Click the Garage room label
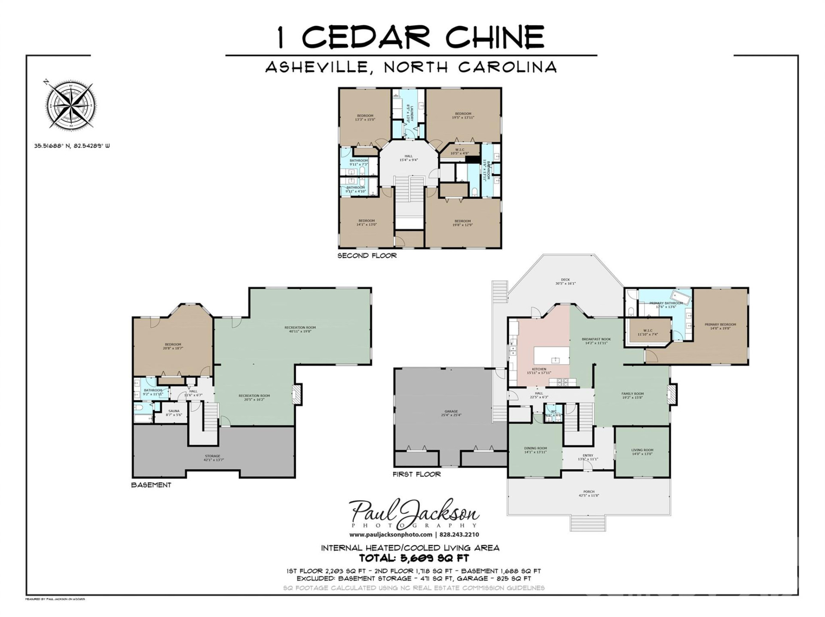point(451,413)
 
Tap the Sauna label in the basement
point(174,413)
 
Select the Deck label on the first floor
point(565,281)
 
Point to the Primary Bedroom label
point(720,326)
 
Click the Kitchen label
point(539,371)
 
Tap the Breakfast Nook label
point(596,341)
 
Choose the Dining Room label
point(535,450)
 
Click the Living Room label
point(642,452)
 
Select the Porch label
point(589,493)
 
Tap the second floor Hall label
point(408,158)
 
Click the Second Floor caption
point(367,255)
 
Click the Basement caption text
point(151,485)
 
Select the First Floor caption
point(416,474)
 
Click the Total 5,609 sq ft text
point(414,558)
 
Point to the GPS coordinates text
point(72,146)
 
